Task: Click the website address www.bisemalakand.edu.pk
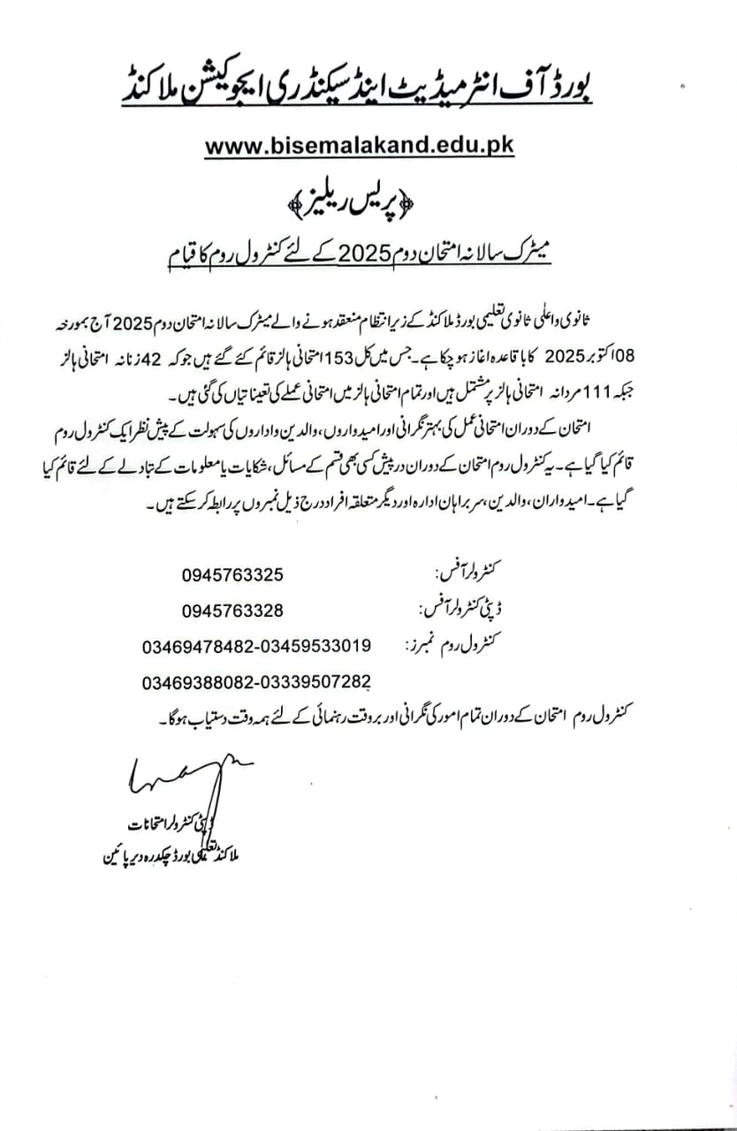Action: tap(359, 147)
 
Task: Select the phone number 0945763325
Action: tap(233, 574)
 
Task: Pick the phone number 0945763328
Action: tap(233, 611)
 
